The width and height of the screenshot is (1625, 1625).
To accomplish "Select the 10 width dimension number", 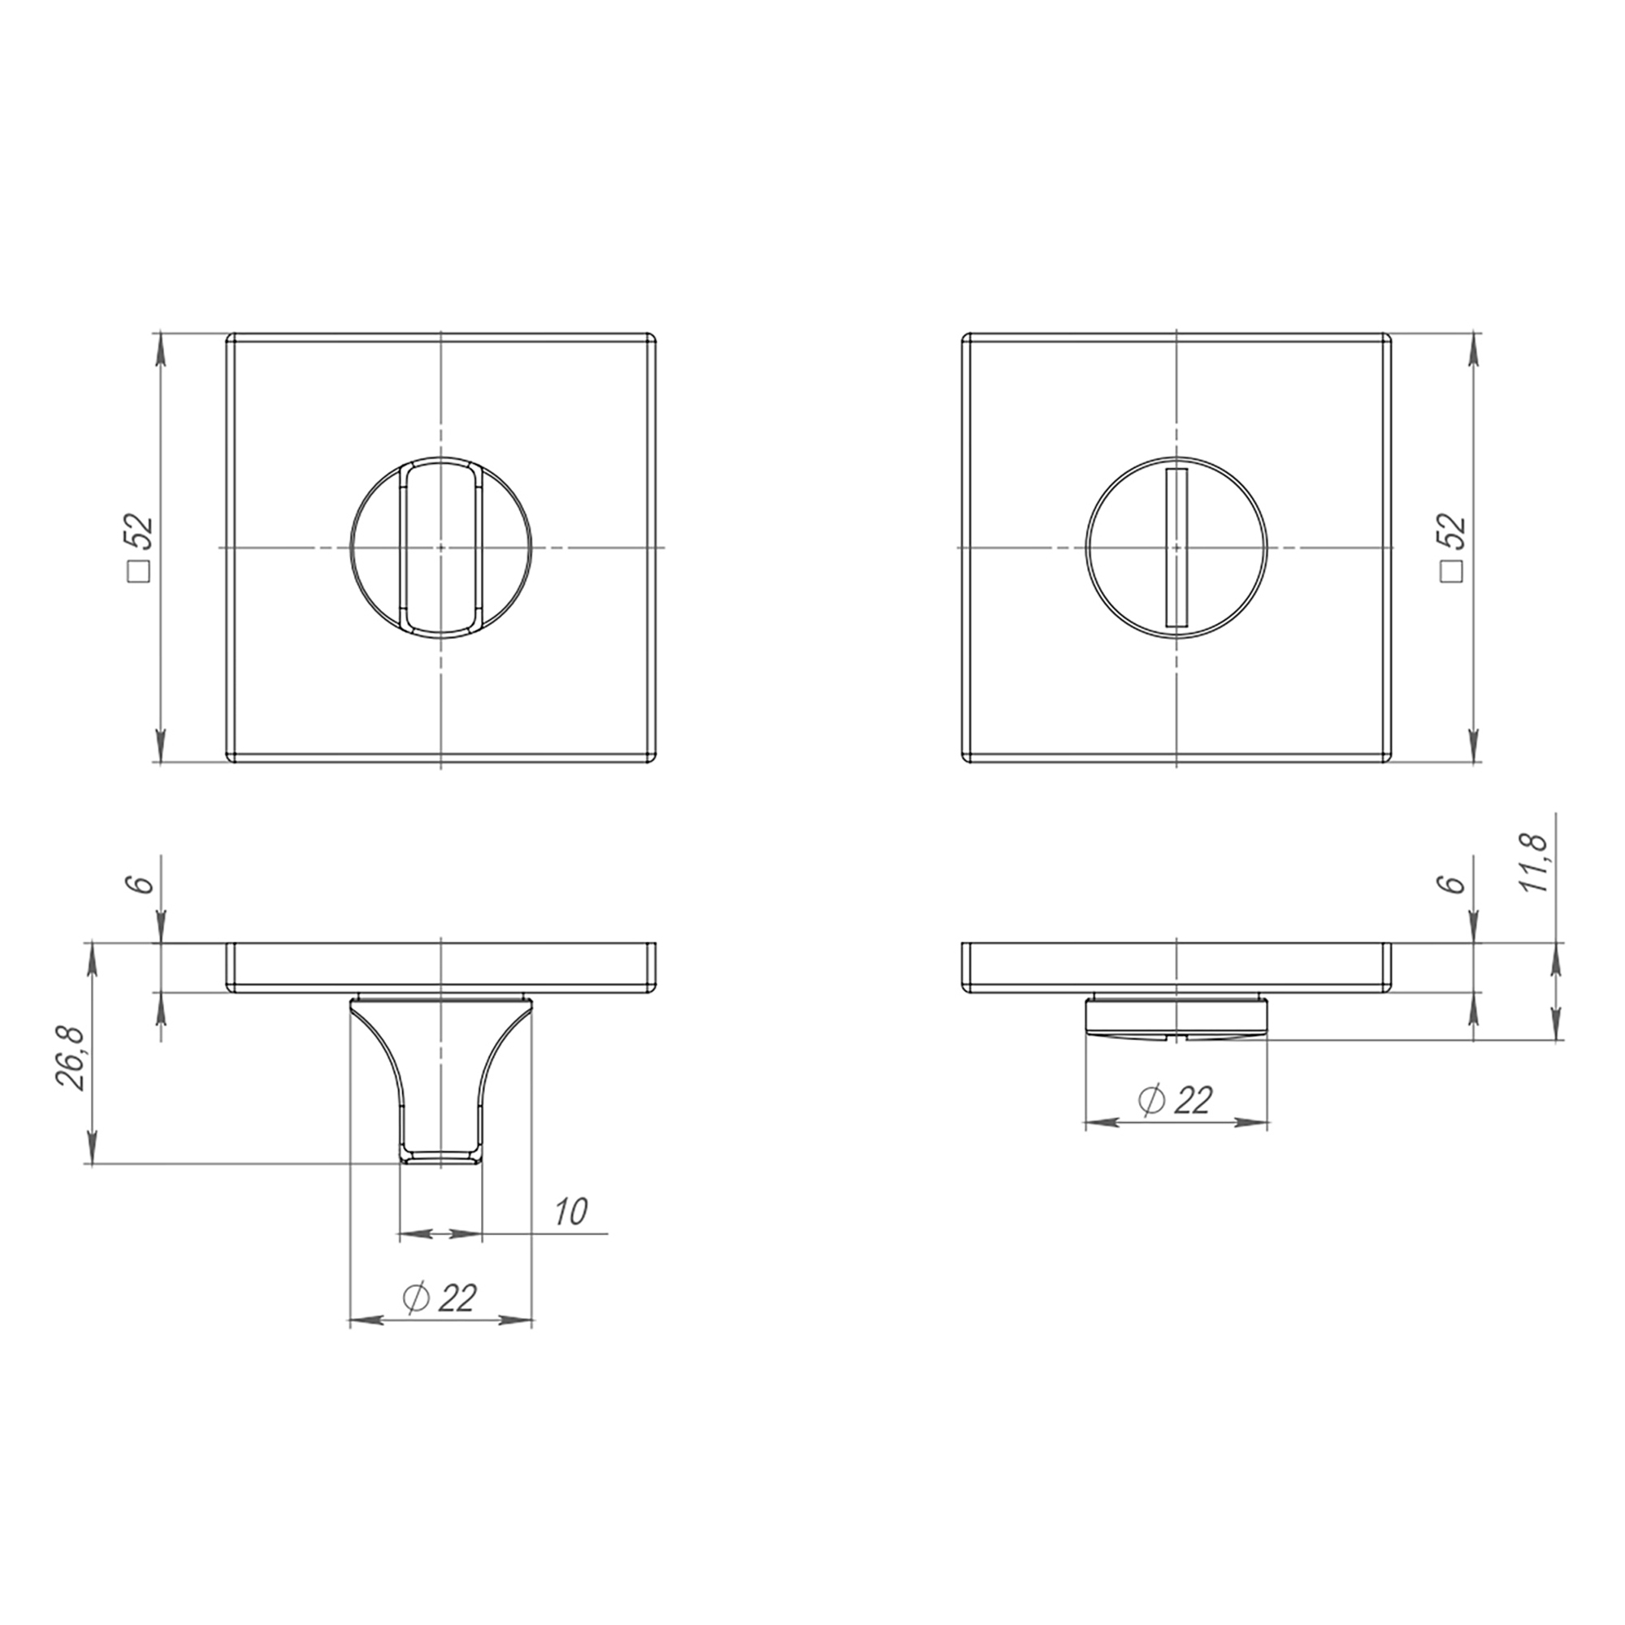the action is [x=571, y=1211].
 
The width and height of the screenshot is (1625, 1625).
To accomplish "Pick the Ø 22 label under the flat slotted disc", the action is [x=1175, y=1100].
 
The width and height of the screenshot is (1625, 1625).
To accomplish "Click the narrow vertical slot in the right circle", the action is [x=1175, y=548].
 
